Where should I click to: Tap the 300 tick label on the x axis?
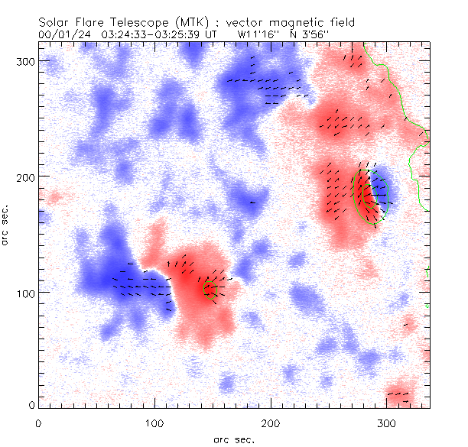click(x=387, y=423)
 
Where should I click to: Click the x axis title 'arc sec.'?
click(x=234, y=439)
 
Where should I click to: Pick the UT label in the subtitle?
click(x=212, y=34)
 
